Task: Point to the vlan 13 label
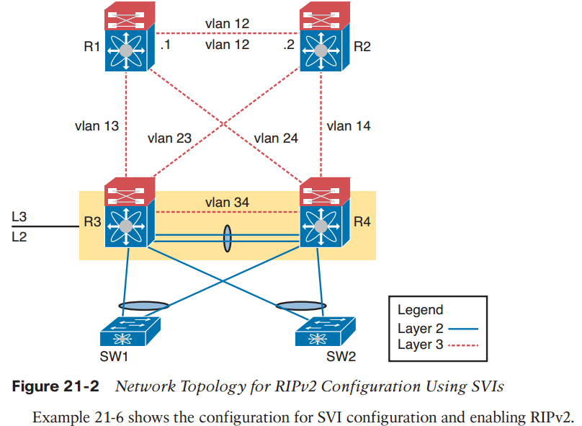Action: tap(96, 126)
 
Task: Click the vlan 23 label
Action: tap(169, 138)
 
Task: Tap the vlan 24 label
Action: tap(276, 138)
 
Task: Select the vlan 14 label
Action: tap(349, 126)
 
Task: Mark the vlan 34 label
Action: tap(227, 203)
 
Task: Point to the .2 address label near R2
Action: tap(287, 45)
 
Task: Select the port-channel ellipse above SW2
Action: tap(297, 306)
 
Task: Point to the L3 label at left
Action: tap(19, 216)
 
